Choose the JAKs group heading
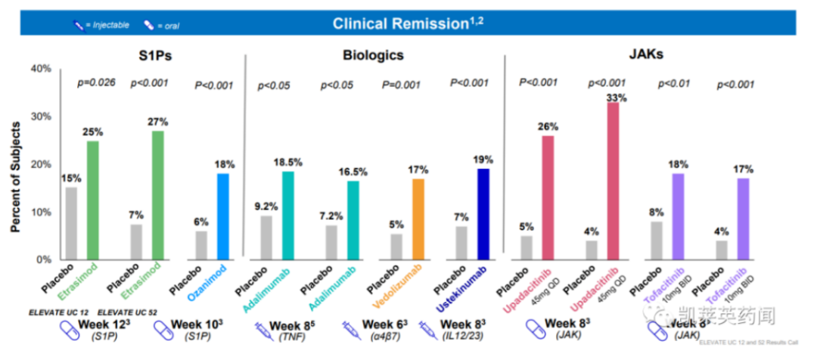tap(645, 55)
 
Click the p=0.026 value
tap(96, 82)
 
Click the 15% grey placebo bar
tap(71, 223)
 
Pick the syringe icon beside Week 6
tap(349, 329)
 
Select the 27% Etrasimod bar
tap(157, 195)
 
